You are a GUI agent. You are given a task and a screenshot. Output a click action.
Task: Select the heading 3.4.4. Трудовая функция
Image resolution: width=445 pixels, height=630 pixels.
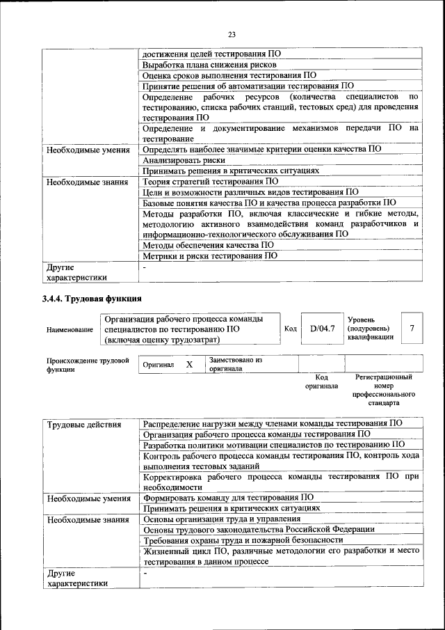(92, 299)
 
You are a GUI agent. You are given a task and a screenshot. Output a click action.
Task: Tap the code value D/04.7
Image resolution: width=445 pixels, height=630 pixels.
(323, 328)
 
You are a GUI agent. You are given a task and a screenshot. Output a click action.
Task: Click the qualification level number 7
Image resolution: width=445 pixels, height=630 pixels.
(412, 328)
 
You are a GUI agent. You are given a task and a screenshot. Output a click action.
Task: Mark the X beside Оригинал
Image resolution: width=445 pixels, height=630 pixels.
(189, 364)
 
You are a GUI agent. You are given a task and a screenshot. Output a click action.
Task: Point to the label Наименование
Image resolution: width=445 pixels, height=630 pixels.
(70, 329)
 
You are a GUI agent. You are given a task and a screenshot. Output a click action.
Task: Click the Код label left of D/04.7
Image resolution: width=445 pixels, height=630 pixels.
(291, 328)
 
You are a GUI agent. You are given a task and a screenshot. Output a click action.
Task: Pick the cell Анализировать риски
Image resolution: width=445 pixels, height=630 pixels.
(178, 160)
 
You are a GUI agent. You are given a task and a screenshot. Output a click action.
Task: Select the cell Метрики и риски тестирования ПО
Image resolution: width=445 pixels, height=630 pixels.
(210, 255)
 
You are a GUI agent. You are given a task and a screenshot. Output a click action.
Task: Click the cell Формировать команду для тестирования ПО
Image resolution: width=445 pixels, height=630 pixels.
(228, 498)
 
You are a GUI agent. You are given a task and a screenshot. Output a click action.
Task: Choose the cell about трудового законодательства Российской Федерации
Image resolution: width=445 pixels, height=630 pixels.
(259, 530)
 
